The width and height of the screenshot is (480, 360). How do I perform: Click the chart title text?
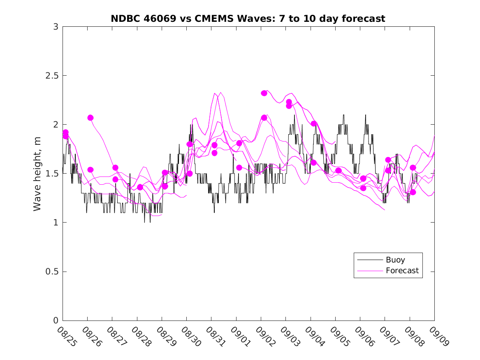click(248, 19)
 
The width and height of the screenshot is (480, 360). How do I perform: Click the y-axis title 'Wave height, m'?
click(37, 174)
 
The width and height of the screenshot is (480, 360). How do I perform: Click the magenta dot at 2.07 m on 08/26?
click(90, 118)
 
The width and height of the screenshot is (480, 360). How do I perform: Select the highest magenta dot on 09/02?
click(264, 93)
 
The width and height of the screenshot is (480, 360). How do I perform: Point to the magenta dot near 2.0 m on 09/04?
click(314, 123)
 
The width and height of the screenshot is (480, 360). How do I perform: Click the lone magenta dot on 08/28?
click(140, 187)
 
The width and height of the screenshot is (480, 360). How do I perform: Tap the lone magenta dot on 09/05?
click(339, 170)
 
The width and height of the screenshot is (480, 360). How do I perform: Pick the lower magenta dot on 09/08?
click(413, 192)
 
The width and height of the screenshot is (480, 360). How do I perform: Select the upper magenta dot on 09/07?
click(388, 160)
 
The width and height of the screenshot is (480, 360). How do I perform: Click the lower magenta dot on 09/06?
click(363, 188)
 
